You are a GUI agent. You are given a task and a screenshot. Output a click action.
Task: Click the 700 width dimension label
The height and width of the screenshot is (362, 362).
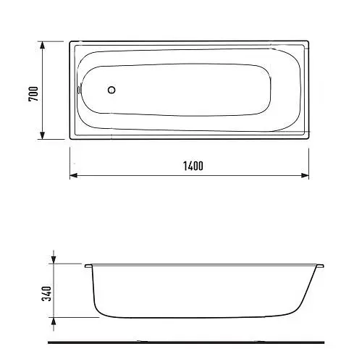point(33,94)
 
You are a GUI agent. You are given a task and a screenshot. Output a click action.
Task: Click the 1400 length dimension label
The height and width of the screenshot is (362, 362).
point(193,166)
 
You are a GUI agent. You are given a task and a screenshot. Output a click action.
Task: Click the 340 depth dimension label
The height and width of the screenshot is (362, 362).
point(46,293)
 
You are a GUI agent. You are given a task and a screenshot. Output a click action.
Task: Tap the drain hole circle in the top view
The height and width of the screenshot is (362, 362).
point(111,90)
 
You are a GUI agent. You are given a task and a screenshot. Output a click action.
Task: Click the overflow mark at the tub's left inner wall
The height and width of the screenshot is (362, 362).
point(78,90)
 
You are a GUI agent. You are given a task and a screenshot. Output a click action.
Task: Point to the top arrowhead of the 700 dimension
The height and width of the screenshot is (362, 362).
point(42,46)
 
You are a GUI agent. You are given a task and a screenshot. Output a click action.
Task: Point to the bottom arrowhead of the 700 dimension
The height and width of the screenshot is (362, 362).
point(42,135)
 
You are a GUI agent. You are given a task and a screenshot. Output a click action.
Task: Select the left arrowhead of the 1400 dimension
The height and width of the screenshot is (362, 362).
point(74,175)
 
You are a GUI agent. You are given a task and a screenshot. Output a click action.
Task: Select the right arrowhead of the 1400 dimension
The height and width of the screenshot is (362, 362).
point(305,175)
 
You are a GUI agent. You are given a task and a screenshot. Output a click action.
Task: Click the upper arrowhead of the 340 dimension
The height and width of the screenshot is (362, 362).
point(54,260)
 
